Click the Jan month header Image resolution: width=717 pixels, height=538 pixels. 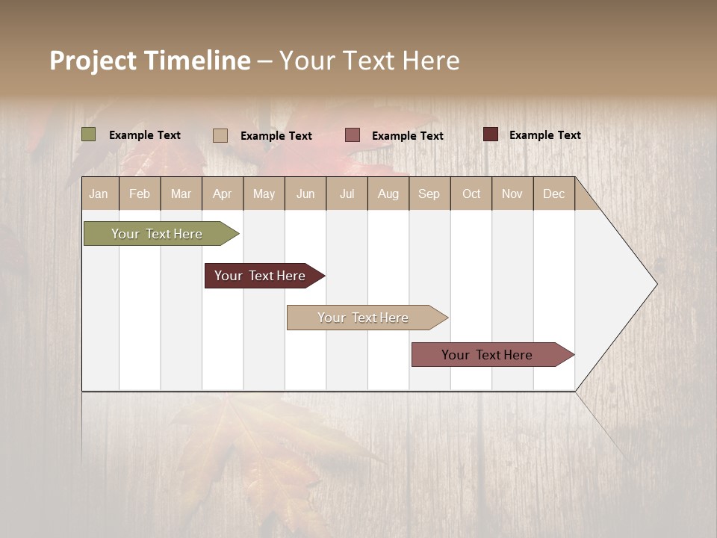coord(99,194)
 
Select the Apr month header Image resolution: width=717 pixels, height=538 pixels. coord(222,194)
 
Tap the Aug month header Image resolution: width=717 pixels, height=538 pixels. coord(388,194)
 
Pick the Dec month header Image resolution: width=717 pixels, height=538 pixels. coord(553,194)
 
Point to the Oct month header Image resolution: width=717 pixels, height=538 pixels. coord(471,194)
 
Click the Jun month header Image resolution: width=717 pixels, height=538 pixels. coord(305,194)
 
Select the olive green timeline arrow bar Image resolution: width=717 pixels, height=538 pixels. coord(157,234)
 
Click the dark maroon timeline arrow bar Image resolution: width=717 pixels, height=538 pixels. coord(260,276)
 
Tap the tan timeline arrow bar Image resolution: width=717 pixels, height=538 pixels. coord(363,318)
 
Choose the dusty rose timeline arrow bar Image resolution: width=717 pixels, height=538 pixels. coord(487,355)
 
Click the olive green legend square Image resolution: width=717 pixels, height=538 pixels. coord(89,134)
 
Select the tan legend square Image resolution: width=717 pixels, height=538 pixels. coord(220,135)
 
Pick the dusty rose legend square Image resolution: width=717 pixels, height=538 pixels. coord(353,134)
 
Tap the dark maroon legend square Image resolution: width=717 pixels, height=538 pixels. coord(491,134)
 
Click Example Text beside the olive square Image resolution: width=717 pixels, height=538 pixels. coord(145,135)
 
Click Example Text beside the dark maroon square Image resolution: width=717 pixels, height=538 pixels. coord(545,135)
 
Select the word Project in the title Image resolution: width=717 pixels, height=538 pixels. coord(93,61)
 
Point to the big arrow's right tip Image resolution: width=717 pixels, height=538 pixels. coord(655,284)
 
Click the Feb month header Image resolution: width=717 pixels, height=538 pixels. coord(140,194)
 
